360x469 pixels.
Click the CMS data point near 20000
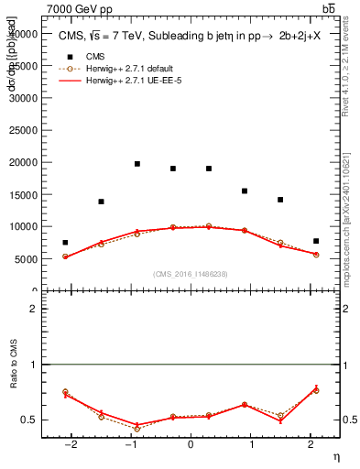click(137, 164)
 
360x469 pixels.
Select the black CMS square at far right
click(316, 241)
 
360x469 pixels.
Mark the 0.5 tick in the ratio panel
click(29, 420)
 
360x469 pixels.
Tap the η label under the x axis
click(334, 455)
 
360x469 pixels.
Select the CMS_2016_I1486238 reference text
click(191, 274)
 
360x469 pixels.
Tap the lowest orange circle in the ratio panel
click(137, 429)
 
